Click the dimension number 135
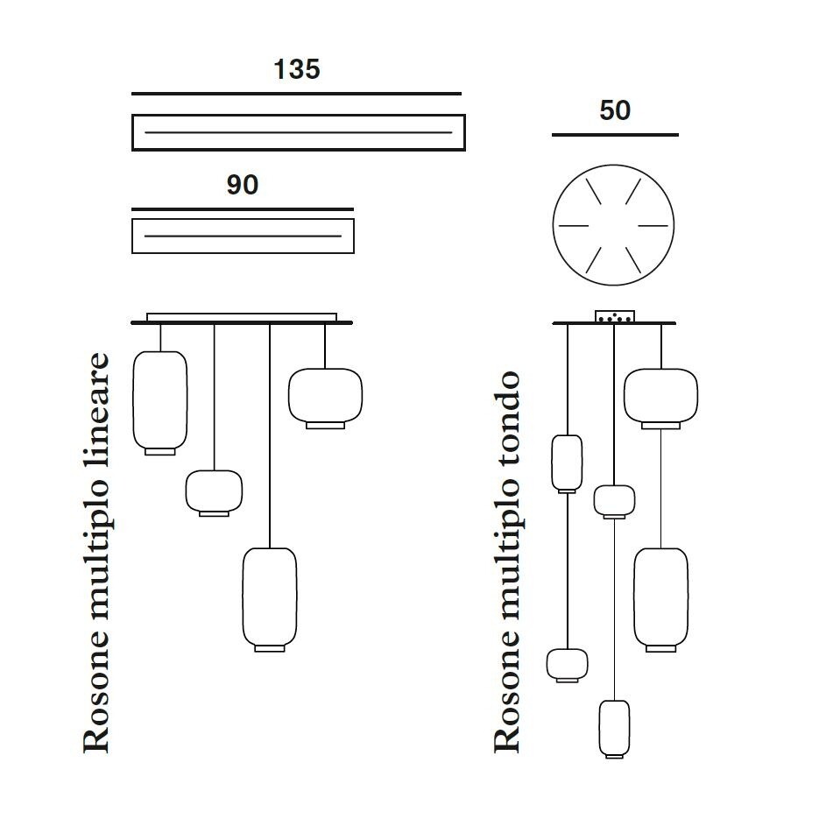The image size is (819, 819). coord(297,69)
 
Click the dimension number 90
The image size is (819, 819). coord(243,185)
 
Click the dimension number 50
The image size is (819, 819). coord(615,110)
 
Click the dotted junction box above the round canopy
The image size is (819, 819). coord(615,316)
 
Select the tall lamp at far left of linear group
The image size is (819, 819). coord(160,403)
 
